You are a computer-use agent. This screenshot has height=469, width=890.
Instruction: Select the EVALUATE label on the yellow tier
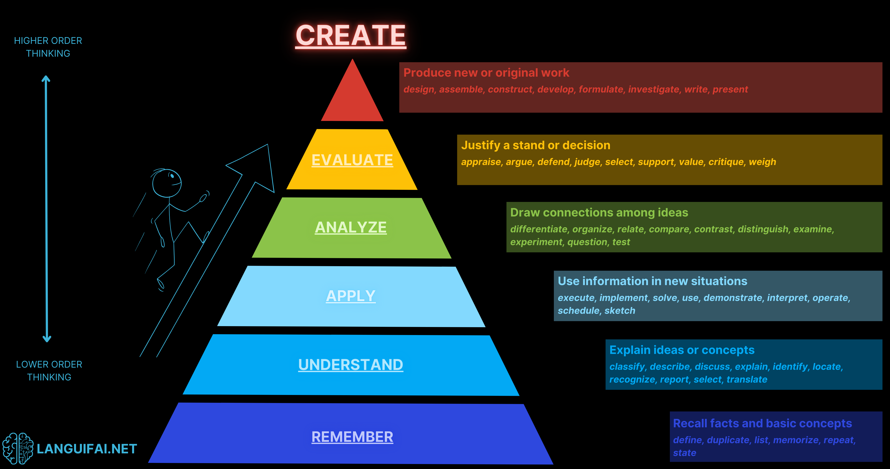[352, 160]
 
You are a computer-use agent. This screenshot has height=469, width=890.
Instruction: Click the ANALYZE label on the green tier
[351, 227]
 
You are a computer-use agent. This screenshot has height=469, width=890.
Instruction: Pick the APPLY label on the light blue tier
[351, 296]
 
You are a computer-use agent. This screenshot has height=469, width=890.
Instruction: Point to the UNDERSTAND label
[351, 365]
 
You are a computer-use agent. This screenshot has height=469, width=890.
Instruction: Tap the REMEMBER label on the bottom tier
[352, 437]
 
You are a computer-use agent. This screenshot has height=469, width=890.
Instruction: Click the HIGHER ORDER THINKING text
[48, 47]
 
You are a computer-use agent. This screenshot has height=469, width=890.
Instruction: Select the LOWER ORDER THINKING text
[49, 371]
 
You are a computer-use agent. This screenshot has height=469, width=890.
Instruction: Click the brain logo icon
[18, 448]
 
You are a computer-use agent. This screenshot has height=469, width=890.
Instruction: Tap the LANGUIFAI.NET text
[87, 449]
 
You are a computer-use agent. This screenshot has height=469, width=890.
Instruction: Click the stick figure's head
[167, 183]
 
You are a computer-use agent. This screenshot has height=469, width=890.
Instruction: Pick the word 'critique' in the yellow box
[726, 162]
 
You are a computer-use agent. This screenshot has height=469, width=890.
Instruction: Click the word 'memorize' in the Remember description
[796, 440]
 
